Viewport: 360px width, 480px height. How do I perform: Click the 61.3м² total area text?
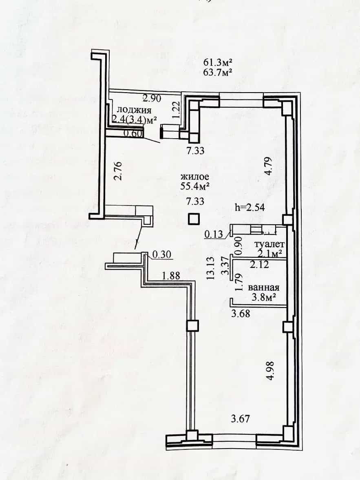click(x=218, y=63)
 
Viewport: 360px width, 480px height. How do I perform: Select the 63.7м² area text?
click(x=218, y=73)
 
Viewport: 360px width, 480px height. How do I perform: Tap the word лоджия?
click(x=135, y=110)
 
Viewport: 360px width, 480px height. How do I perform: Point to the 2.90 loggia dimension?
click(x=152, y=98)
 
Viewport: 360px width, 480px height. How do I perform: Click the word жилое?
click(x=195, y=177)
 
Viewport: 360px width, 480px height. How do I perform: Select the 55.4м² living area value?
click(x=195, y=186)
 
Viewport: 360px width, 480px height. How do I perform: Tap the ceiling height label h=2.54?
click(x=250, y=208)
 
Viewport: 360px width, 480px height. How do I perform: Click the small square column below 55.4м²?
click(x=194, y=219)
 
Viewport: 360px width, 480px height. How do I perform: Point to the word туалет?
click(x=269, y=244)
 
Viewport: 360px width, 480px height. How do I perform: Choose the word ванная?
click(x=263, y=288)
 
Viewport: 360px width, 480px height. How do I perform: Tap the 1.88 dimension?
click(x=171, y=276)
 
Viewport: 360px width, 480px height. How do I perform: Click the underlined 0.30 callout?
click(x=161, y=255)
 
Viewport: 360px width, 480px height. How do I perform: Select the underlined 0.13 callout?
click(x=214, y=234)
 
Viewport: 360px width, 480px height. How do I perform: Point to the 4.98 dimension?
click(x=270, y=371)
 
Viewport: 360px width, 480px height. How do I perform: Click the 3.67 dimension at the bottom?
click(x=240, y=418)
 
